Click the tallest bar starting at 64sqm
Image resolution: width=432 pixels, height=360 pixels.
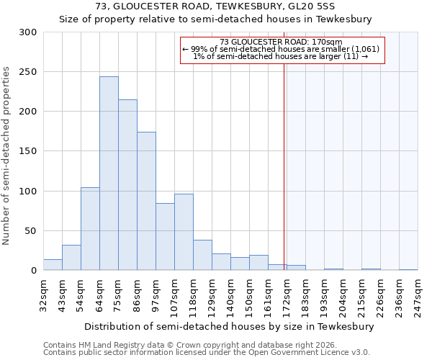(x=109, y=174)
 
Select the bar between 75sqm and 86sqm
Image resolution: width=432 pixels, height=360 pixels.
(x=127, y=185)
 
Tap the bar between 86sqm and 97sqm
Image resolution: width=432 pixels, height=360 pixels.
(x=146, y=201)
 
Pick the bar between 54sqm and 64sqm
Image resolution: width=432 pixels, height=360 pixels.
(x=90, y=229)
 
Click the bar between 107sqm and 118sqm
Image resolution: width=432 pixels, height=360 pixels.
(x=184, y=232)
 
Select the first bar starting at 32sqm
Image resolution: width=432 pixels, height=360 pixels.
(x=53, y=264)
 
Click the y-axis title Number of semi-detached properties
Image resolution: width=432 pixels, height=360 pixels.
(x=7, y=156)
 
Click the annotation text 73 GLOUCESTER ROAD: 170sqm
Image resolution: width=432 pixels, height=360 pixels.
(x=281, y=42)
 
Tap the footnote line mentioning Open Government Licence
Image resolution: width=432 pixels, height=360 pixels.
(x=207, y=352)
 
